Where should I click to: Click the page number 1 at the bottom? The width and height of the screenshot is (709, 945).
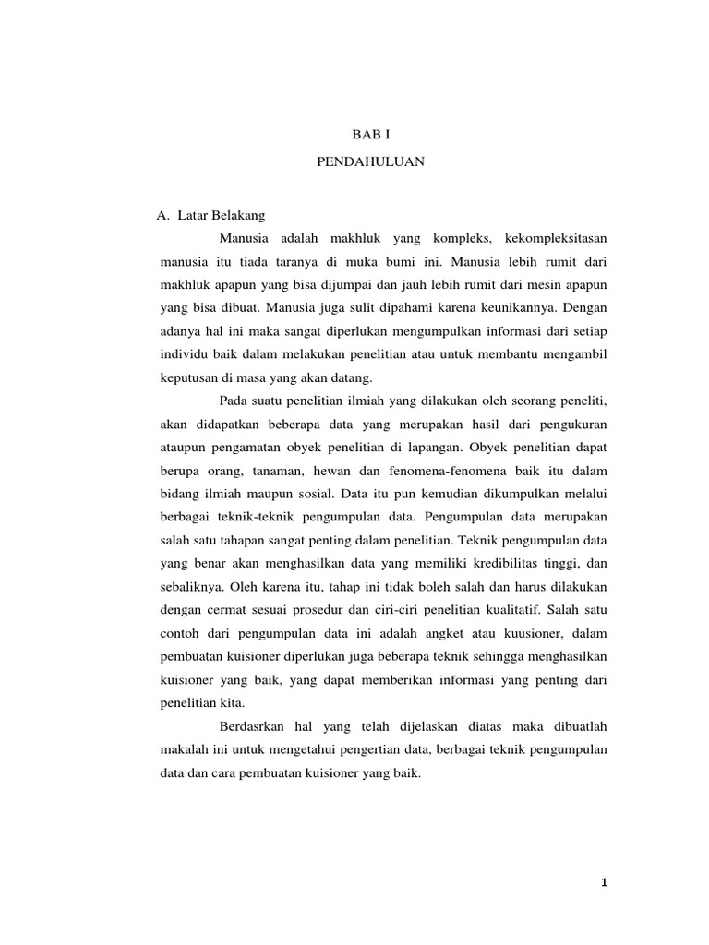604,883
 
